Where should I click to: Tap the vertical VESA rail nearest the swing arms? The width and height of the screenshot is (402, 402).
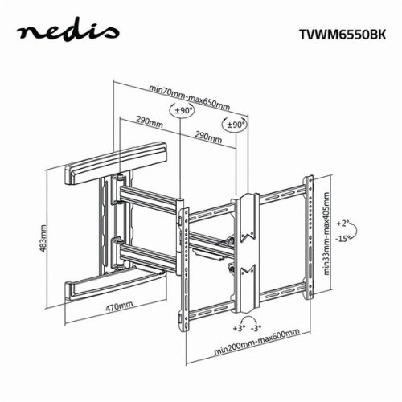click(x=182, y=265)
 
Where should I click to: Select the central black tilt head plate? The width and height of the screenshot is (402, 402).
click(x=246, y=241)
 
